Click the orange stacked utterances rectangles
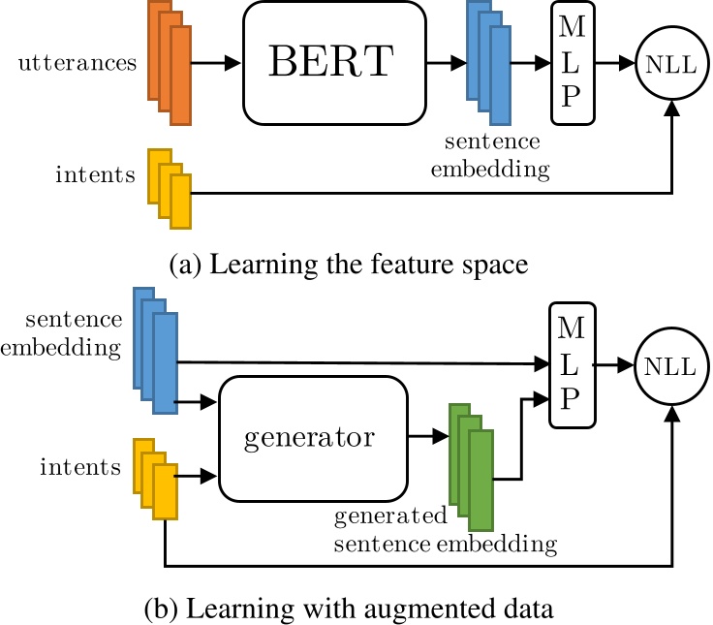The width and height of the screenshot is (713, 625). tap(170, 64)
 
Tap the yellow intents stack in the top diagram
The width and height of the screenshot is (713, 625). tap(170, 188)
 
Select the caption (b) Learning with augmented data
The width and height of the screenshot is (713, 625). tap(348, 610)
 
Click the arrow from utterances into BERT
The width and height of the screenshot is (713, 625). tap(216, 64)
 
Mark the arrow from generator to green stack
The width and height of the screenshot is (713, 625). tap(426, 437)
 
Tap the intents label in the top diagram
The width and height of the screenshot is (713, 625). tap(95, 176)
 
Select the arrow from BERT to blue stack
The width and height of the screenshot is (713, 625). tap(445, 64)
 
